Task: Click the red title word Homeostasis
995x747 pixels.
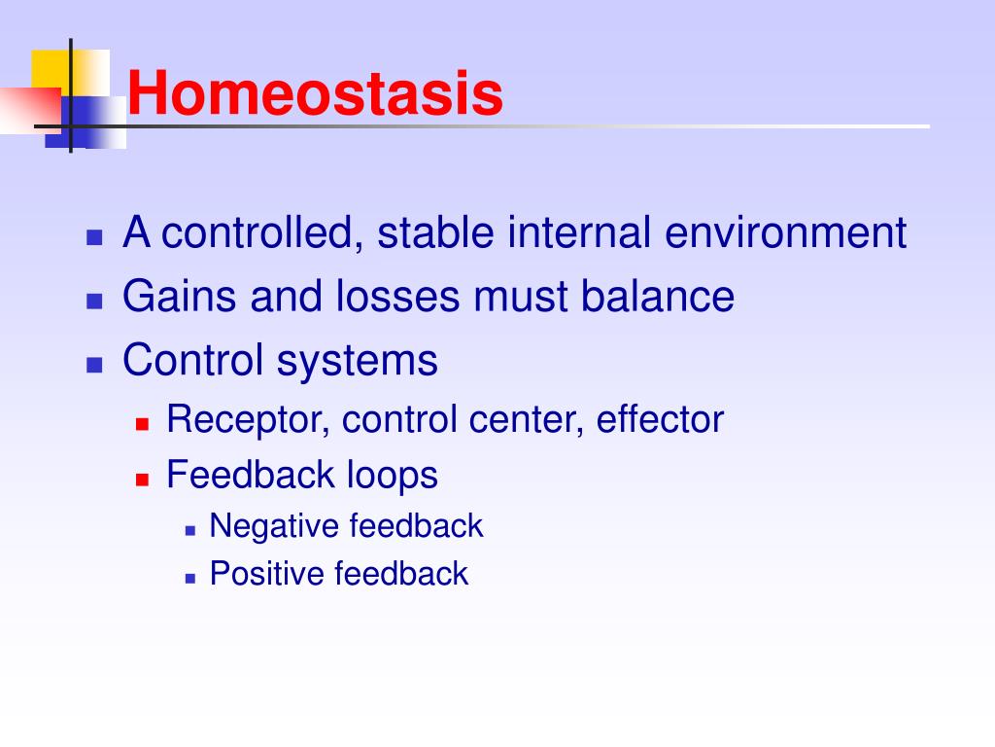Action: (x=315, y=92)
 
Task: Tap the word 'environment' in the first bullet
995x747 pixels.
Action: (x=785, y=232)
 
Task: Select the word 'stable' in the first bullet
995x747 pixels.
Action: (x=435, y=232)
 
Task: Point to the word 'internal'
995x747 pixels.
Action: (x=579, y=232)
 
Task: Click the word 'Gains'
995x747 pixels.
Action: (x=180, y=296)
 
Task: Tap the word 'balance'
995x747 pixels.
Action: (x=658, y=296)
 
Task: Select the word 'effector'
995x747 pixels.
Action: (x=660, y=419)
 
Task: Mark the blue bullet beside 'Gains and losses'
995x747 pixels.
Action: (x=94, y=301)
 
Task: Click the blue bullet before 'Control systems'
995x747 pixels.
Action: (x=94, y=365)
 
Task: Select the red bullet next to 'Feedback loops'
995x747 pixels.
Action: (x=142, y=479)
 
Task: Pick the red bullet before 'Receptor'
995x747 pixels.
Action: (x=142, y=424)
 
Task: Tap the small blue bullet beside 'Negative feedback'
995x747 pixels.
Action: (x=190, y=530)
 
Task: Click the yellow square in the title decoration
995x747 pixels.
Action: (x=51, y=69)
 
